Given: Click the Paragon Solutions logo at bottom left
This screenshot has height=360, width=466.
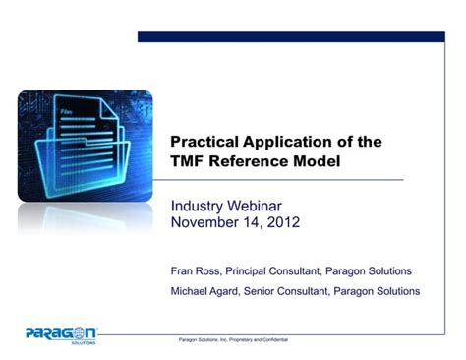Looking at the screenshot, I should [x=61, y=332].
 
